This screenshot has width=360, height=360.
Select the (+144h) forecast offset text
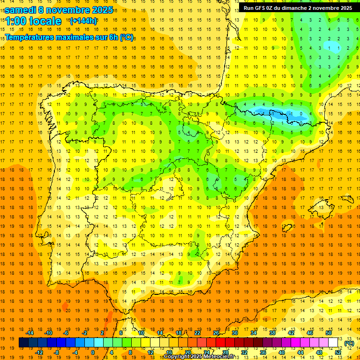coord(83,21)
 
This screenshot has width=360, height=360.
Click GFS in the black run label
coord(261,8)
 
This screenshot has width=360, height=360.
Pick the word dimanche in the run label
coord(295,8)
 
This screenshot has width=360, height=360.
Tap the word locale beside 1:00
coord(45,22)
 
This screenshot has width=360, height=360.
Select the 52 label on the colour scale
coord(338,352)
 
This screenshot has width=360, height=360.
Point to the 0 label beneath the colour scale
coord(93,352)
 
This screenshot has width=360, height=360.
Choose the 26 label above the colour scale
coord(216,333)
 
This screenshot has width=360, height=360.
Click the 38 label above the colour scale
coord(272,333)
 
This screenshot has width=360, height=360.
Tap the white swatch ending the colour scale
coord(333,343)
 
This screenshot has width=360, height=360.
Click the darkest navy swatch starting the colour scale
coord(23,343)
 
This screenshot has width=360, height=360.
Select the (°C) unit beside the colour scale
coord(349,343)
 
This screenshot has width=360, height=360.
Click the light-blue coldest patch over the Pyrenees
coord(293,114)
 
